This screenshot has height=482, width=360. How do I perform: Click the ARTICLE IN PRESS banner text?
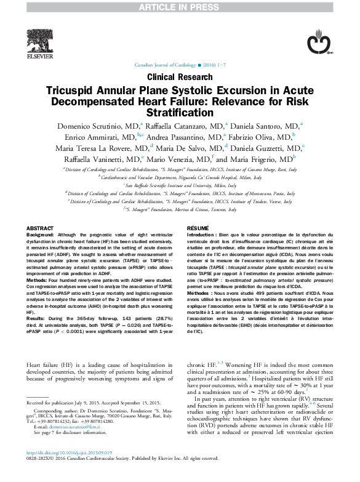click(180, 6)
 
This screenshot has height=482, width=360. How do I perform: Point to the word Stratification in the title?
click(180, 113)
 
